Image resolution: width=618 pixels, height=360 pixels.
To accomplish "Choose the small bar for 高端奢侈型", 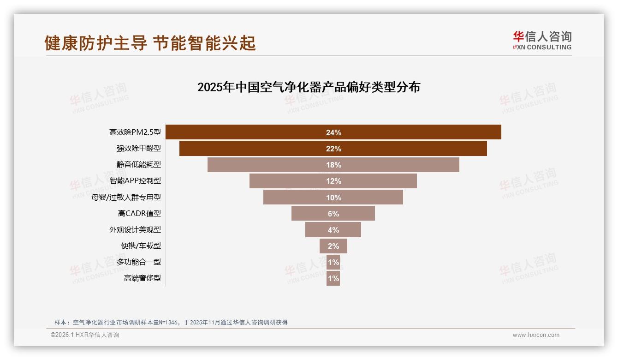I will click(333, 278).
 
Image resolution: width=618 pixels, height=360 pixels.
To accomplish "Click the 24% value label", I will click(333, 132).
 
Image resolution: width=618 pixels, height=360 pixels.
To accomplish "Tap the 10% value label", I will click(333, 198).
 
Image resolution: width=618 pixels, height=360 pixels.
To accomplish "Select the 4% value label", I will click(333, 230).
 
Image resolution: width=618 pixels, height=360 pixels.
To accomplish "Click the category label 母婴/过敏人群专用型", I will click(126, 198).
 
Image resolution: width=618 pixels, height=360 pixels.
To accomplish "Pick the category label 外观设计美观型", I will click(135, 230).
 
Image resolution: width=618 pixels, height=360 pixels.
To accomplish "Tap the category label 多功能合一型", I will click(138, 262).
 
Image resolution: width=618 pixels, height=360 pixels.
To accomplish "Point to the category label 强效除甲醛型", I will click(138, 149).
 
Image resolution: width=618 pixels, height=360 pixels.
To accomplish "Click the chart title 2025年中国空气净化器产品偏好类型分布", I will click(309, 87).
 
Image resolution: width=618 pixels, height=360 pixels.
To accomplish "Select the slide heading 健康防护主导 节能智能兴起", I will click(150, 43).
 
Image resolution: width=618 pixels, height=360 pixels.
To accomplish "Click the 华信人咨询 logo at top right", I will click(542, 40).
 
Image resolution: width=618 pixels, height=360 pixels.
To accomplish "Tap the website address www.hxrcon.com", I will click(536, 335).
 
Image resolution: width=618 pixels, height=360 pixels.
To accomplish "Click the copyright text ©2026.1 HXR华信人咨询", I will click(85, 335).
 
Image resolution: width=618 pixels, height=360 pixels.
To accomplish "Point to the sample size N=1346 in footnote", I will click(167, 322).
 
